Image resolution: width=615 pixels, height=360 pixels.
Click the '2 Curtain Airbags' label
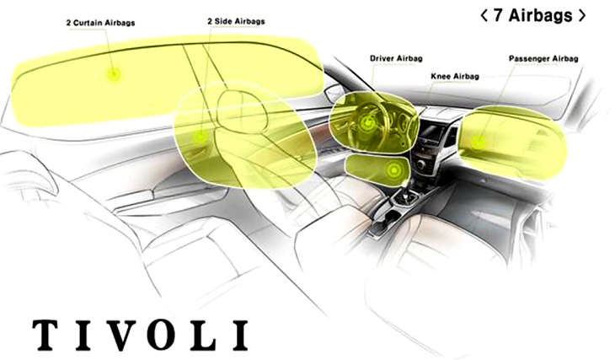click(x=100, y=23)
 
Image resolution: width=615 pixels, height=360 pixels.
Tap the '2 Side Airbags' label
click(x=236, y=21)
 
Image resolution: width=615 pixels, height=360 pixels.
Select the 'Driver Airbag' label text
click(x=396, y=58)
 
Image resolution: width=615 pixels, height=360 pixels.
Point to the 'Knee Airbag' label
click(x=455, y=76)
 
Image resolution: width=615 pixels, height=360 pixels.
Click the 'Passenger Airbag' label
click(x=543, y=58)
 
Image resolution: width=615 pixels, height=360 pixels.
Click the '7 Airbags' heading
click(x=533, y=15)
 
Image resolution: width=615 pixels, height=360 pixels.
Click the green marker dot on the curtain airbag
click(x=114, y=73)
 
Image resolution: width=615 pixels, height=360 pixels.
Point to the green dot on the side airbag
click(x=201, y=137)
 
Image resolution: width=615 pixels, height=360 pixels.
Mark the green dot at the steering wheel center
click(x=368, y=122)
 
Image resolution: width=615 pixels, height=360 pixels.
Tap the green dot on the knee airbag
click(x=393, y=170)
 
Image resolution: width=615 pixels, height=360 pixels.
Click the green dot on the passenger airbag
click(x=478, y=142)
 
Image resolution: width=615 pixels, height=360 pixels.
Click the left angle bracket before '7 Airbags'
click(x=484, y=16)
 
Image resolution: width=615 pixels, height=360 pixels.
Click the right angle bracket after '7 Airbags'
click(x=581, y=16)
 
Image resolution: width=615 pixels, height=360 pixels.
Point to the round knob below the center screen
click(x=421, y=164)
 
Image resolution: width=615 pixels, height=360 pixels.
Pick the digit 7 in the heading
click(x=499, y=15)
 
